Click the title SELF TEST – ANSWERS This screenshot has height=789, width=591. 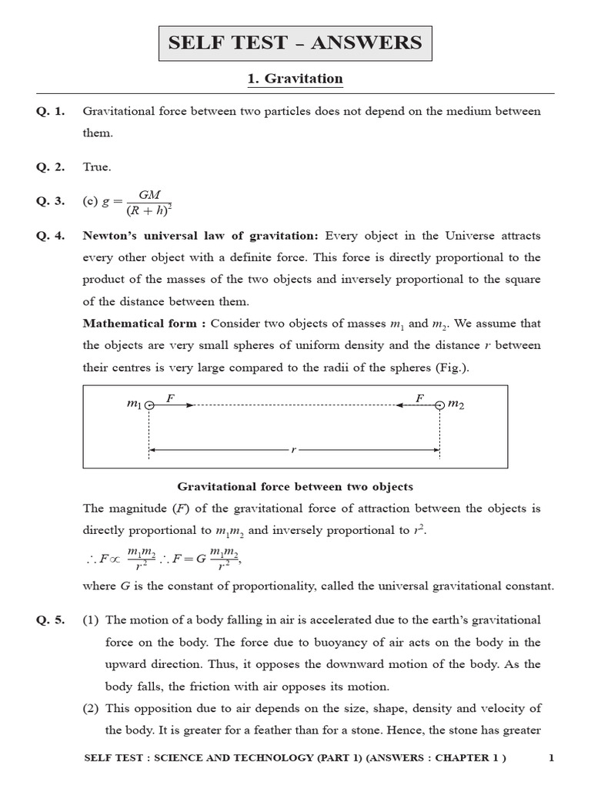click(x=295, y=42)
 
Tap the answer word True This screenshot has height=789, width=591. click(x=97, y=166)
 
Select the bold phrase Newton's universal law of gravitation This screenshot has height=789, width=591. click(x=200, y=236)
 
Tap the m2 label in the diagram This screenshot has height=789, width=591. click(x=456, y=405)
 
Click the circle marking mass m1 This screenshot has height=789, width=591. click(x=149, y=405)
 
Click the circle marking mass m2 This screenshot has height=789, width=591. click(x=439, y=405)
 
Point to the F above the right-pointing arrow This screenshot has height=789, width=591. click(x=170, y=397)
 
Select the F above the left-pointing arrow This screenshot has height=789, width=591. click(x=419, y=397)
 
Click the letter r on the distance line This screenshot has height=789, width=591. click(x=293, y=449)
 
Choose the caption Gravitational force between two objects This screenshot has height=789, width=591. click(x=295, y=486)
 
